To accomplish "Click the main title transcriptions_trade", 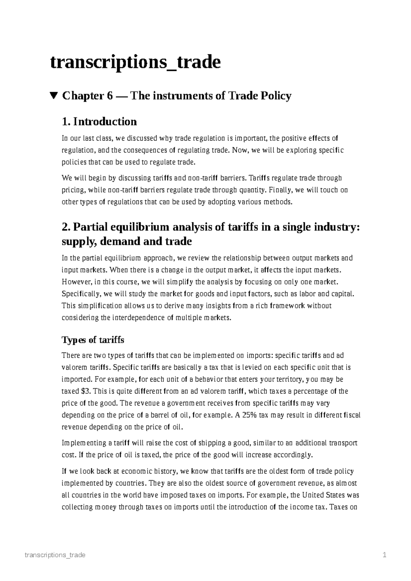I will [135, 63].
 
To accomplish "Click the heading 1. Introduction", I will [99, 121].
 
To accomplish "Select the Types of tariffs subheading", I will [92, 340].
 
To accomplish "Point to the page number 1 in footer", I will [385, 555].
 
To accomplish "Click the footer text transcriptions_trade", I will [55, 555].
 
